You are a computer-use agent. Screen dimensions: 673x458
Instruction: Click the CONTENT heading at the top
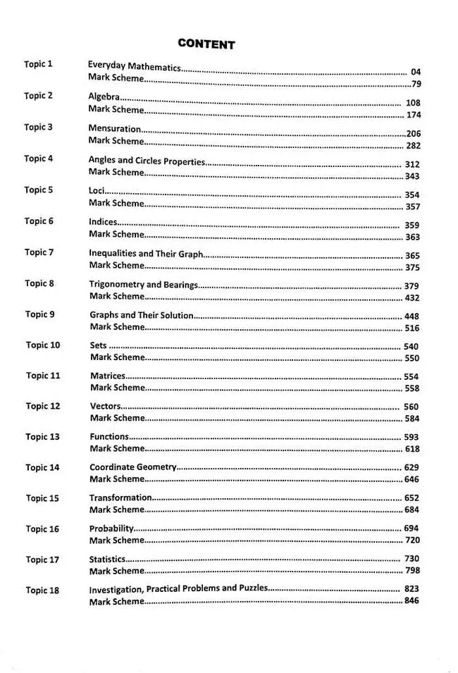coord(206,44)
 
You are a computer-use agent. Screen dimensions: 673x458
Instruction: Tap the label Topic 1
coord(38,64)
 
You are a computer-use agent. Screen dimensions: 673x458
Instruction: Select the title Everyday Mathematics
coord(134,68)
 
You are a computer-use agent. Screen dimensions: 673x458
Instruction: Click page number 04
coord(415,72)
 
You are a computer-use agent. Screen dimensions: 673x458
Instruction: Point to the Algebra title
coord(104,97)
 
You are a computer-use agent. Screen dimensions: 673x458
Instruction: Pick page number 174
coord(413,115)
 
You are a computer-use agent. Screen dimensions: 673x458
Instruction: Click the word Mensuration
coord(115,129)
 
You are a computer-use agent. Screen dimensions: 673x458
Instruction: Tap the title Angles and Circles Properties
coord(147,161)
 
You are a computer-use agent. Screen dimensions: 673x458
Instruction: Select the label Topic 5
coord(38,190)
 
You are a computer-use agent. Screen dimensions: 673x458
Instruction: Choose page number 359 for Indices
coord(412,226)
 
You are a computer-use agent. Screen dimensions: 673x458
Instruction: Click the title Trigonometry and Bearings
coord(143,285)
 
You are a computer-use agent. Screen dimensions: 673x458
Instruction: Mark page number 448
coord(411,316)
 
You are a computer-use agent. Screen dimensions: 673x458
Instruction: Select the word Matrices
coord(107,376)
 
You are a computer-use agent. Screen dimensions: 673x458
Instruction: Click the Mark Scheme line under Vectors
coord(116,418)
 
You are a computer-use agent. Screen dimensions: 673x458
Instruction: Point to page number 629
coord(411,468)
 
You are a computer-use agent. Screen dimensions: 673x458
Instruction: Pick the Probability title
coord(111,528)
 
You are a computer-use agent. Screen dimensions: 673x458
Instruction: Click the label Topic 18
coord(42,590)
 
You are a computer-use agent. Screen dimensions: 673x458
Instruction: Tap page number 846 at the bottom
coord(412,601)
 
